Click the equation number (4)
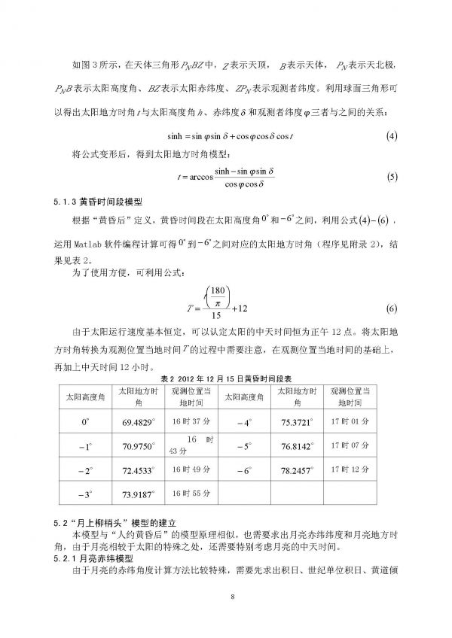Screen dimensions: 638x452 click(x=391, y=137)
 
